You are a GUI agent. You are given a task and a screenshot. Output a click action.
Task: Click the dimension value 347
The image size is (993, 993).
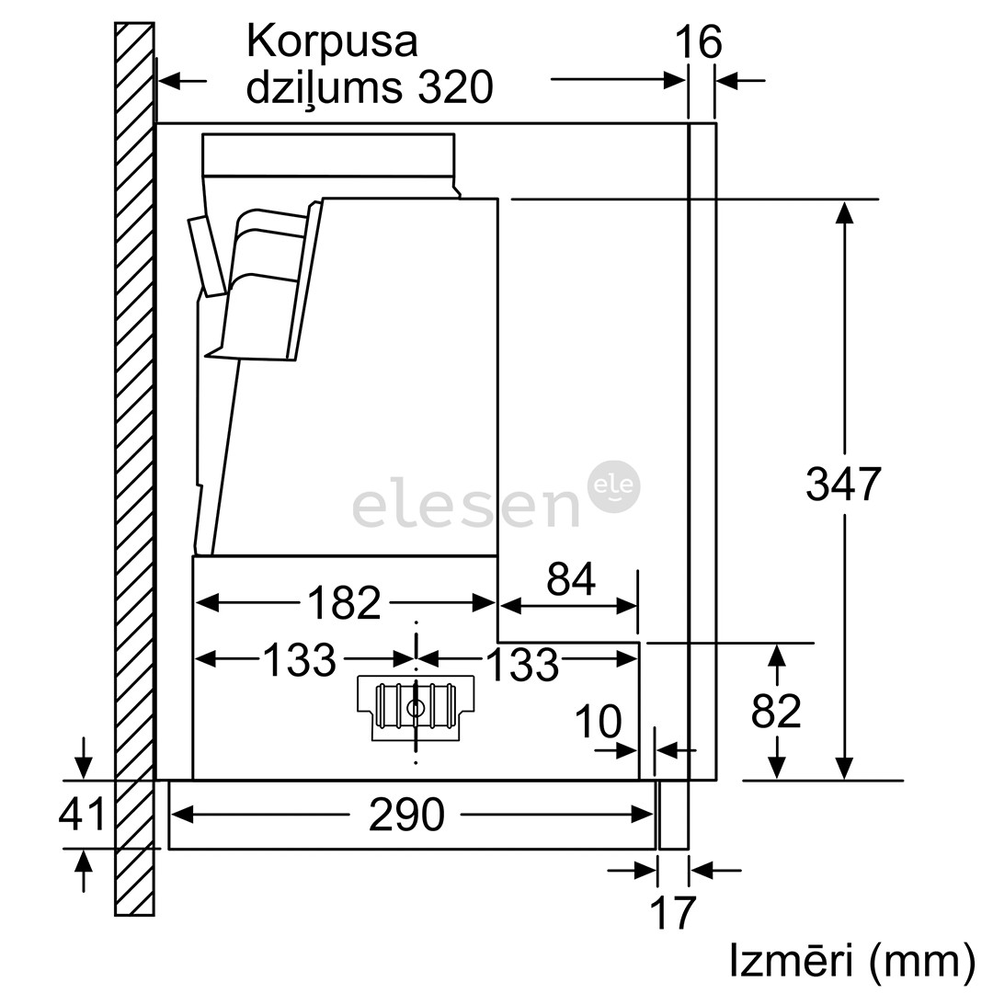click(x=843, y=484)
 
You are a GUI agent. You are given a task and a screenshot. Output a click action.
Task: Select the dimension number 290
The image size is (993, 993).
click(x=406, y=815)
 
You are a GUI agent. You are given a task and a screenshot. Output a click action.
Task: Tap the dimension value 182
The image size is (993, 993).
click(x=344, y=603)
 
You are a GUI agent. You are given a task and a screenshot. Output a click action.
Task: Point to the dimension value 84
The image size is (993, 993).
click(x=571, y=579)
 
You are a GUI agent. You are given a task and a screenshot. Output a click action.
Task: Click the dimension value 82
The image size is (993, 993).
click(x=777, y=711)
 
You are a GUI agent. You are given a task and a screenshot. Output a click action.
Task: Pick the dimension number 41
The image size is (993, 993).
click(x=83, y=815)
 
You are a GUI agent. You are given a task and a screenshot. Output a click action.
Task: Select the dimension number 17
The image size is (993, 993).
click(x=673, y=913)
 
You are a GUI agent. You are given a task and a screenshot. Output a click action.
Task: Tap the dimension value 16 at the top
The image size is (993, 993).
click(x=699, y=42)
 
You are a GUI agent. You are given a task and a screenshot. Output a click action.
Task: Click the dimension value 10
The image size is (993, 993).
click(x=598, y=722)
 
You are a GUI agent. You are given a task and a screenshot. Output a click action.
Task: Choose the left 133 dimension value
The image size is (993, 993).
click(x=300, y=659)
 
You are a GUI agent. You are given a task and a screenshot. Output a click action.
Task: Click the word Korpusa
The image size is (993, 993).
click(x=332, y=42)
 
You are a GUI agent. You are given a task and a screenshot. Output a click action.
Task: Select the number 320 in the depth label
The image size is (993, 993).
click(x=455, y=88)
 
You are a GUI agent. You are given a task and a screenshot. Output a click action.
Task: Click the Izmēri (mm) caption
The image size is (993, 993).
click(x=851, y=961)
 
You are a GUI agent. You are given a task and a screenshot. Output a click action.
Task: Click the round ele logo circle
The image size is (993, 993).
click(x=613, y=486)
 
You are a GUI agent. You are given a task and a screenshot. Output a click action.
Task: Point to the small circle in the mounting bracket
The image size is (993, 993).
click(x=416, y=708)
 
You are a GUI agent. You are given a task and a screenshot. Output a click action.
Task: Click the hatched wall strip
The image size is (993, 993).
click(x=134, y=460)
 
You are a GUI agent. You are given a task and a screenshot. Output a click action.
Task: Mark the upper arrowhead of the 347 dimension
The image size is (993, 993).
click(x=844, y=213)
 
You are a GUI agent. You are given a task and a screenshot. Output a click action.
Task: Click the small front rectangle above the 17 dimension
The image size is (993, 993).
click(x=674, y=815)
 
